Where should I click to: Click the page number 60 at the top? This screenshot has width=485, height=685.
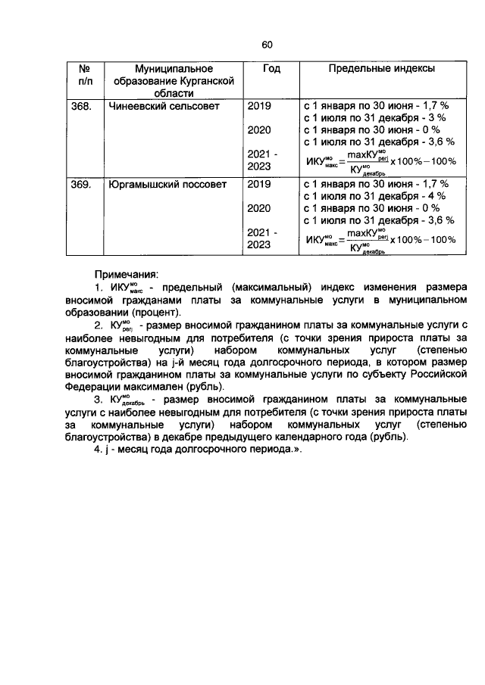[267, 45]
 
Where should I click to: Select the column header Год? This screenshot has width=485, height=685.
[271, 69]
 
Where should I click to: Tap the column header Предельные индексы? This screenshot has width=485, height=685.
[381, 69]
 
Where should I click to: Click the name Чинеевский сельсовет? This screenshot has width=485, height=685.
[163, 106]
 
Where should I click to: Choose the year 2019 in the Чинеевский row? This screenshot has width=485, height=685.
[258, 106]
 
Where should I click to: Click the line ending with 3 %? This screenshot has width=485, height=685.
[374, 118]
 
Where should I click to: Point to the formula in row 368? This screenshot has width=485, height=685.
[380, 160]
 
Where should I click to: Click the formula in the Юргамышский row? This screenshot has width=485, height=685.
[380, 240]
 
